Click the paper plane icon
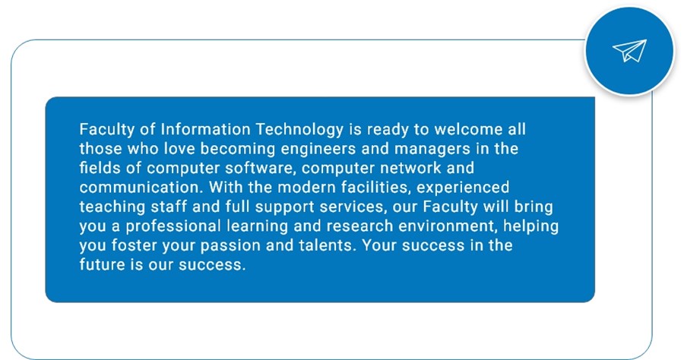630,51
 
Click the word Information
205,129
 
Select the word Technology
299,130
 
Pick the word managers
432,150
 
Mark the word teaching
112,207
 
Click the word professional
173,226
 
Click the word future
102,264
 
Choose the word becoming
238,150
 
